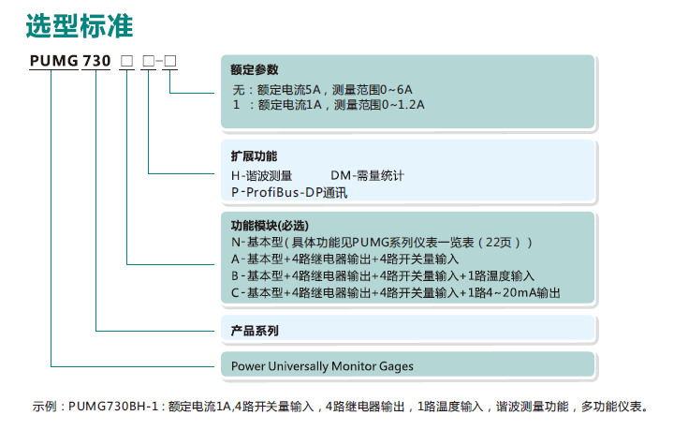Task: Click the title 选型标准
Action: (x=80, y=26)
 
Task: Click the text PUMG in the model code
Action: (x=54, y=61)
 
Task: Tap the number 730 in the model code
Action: (x=96, y=61)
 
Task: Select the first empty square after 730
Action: (x=126, y=61)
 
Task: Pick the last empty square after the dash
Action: (x=169, y=61)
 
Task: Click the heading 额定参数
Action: (x=255, y=69)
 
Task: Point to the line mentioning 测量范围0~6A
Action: (x=323, y=90)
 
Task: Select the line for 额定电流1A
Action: (x=329, y=105)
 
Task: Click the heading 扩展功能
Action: (x=254, y=156)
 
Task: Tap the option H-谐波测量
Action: (x=261, y=176)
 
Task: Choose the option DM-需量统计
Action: (x=367, y=176)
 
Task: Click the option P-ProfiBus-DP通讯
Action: (x=289, y=192)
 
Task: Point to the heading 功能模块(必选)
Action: (x=270, y=226)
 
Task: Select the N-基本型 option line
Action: (x=382, y=243)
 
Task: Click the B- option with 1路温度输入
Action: (x=383, y=275)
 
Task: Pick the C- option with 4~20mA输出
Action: (x=396, y=292)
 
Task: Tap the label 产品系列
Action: (x=255, y=331)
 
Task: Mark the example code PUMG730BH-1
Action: (x=113, y=407)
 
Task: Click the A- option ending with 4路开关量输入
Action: (x=344, y=259)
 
